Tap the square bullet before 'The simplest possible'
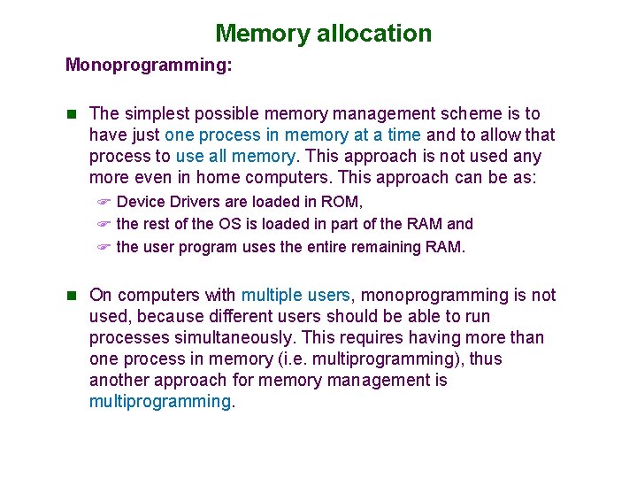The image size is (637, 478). pos(72,113)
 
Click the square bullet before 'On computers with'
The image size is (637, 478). pos(72,295)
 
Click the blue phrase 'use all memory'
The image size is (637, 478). pos(235,157)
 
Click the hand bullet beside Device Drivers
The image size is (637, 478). pos(104,202)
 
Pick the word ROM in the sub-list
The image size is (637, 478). pos(342,202)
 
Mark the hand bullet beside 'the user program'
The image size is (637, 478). pos(104,248)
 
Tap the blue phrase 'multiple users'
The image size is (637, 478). pos(295,295)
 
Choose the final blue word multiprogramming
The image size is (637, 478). pos(159,401)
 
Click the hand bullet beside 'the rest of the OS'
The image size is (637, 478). pos(104,225)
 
